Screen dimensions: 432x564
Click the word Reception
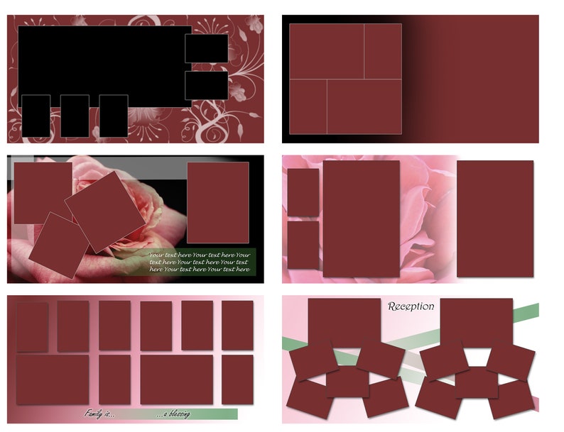[x=411, y=306]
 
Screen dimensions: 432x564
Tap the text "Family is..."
[x=99, y=413]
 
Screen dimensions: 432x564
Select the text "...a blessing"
[x=173, y=414]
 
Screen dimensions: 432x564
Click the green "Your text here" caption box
[x=200, y=262]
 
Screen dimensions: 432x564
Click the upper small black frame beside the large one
[x=206, y=48]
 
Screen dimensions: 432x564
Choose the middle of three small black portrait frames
[x=75, y=116]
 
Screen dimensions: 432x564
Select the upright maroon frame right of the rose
[x=218, y=202]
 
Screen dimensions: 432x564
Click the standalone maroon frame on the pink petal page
[x=494, y=218]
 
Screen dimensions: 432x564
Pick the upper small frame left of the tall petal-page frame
[x=303, y=192]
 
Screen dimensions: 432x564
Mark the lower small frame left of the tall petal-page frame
[x=303, y=245]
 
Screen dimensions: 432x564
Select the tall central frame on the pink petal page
[x=361, y=218]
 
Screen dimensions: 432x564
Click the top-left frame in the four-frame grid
[x=326, y=51]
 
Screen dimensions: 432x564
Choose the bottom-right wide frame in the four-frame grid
[x=364, y=106]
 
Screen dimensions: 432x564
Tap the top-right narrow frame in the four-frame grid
[x=383, y=51]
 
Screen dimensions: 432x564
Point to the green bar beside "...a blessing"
[x=213, y=414]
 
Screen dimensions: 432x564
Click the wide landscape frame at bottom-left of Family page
[x=53, y=380]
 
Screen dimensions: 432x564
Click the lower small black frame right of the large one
[x=206, y=85]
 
